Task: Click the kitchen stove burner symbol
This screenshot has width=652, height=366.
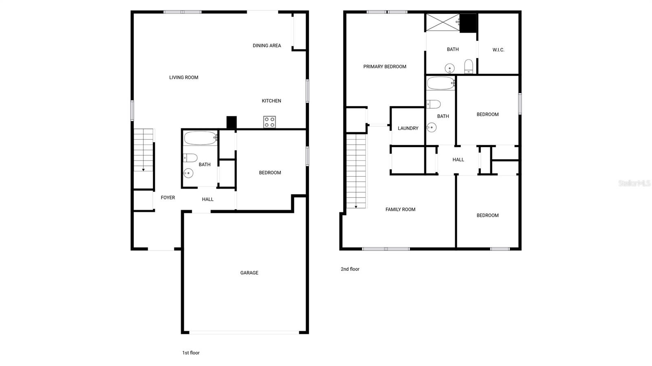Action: click(269, 122)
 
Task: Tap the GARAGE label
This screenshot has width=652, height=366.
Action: click(249, 273)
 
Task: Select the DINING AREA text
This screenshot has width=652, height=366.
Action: click(267, 46)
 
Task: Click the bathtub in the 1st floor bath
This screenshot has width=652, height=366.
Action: click(200, 138)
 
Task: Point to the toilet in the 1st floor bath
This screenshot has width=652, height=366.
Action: click(190, 158)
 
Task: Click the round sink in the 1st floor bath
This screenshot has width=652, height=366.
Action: click(188, 173)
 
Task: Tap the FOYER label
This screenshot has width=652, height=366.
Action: click(167, 197)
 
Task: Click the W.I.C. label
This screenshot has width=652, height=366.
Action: click(498, 50)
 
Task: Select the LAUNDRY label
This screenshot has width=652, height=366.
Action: click(408, 128)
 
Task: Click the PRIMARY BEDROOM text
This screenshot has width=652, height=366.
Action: click(385, 67)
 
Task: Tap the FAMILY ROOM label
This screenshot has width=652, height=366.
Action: click(400, 209)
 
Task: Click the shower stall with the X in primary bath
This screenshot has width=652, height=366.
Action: click(442, 22)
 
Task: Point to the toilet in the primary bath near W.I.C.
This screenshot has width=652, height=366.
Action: click(469, 66)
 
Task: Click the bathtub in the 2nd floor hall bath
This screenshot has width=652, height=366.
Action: click(441, 83)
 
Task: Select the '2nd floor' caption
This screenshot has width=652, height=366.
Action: click(350, 269)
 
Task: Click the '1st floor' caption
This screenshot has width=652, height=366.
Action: click(191, 353)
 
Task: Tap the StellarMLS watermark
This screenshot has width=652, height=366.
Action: click(634, 183)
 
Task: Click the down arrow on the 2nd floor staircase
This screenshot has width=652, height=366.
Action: click(356, 206)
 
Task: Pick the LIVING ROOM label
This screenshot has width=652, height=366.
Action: click(183, 77)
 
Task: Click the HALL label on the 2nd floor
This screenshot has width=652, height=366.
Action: click(458, 160)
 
